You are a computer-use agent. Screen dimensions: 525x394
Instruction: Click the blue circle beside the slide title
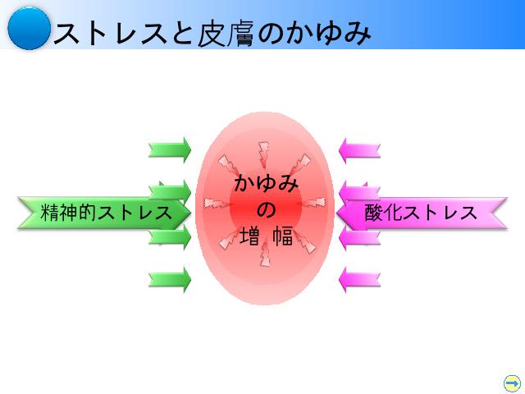(30, 29)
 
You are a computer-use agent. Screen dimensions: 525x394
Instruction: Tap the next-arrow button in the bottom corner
(512, 383)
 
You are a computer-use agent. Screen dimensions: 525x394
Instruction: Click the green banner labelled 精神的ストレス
(104, 213)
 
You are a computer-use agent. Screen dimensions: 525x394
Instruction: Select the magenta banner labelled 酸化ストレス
(422, 213)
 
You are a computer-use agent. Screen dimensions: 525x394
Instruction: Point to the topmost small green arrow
(170, 150)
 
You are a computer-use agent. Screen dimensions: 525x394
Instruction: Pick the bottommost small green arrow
(170, 280)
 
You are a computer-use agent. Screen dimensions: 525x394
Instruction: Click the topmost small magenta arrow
(359, 150)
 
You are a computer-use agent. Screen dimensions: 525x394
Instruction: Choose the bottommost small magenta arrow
(359, 280)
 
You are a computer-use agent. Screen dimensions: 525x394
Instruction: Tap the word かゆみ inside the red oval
(266, 184)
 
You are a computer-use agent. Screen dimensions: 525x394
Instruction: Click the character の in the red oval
(267, 210)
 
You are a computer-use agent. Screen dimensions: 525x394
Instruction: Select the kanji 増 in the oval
(249, 236)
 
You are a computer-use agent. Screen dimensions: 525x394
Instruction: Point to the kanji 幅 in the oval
(283, 236)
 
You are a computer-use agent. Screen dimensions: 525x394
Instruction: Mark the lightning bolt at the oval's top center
(263, 155)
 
